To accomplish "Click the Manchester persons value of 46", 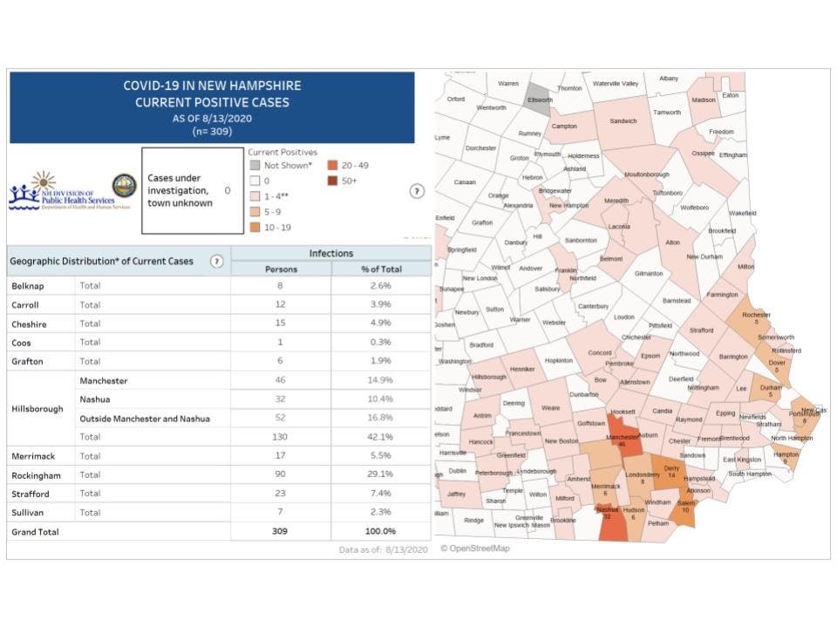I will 281,381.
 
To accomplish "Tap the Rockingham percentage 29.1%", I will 380,474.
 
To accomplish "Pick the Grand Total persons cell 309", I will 281,531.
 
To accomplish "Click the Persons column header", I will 281,269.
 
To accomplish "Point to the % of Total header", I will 380,269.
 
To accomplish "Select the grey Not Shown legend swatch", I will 255,166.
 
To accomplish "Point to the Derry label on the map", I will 670,468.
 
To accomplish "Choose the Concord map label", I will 601,352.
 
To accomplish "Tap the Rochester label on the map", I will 755,314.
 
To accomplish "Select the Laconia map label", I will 619,226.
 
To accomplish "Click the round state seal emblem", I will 124,186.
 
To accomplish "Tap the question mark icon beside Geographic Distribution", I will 216,261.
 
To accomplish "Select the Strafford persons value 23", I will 281,493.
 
